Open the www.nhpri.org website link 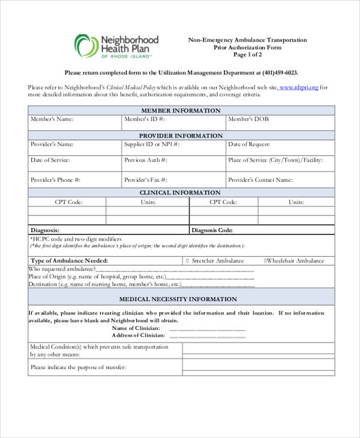(x=299, y=87)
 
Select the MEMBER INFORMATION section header (x=181, y=110)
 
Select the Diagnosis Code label (x=212, y=230)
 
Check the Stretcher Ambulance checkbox (x=188, y=261)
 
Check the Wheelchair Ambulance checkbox (x=265, y=261)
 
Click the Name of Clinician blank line (x=208, y=329)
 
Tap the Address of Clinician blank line (x=208, y=335)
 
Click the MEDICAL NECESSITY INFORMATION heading (x=178, y=299)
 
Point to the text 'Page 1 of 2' (x=248, y=55)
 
